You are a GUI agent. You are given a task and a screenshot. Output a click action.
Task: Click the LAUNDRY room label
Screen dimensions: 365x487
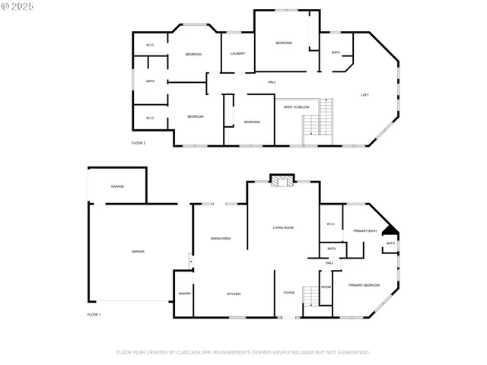pos(237,54)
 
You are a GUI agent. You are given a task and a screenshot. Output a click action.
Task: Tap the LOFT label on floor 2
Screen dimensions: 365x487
pos(364,94)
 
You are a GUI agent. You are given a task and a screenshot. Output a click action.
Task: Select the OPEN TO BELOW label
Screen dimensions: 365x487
pos(296,107)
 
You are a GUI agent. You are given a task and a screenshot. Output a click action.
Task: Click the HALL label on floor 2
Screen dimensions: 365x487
pos(272,82)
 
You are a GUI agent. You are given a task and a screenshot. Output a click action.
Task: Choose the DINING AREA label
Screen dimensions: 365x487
pos(221,239)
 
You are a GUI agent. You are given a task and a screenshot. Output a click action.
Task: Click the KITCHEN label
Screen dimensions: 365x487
pos(234,294)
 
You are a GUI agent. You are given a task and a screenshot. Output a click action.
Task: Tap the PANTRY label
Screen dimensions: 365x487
pos(185,294)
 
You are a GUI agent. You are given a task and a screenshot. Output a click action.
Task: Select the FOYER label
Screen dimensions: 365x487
pos(289,293)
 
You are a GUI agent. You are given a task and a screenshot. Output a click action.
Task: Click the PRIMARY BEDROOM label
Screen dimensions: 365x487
pos(364,285)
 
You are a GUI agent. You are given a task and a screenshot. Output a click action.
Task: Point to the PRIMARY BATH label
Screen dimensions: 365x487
pos(364,231)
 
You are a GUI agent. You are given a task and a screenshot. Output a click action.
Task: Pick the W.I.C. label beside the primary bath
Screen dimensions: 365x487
pos(331,224)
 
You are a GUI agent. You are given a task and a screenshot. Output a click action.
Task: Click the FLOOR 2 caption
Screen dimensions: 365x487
pos(138,143)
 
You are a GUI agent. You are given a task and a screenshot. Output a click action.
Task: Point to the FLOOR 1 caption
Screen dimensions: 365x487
pos(94,314)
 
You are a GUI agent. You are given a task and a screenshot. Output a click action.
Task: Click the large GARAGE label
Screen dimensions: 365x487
pos(138,252)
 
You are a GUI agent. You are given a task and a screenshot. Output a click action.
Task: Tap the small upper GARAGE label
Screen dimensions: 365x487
pos(117,186)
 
